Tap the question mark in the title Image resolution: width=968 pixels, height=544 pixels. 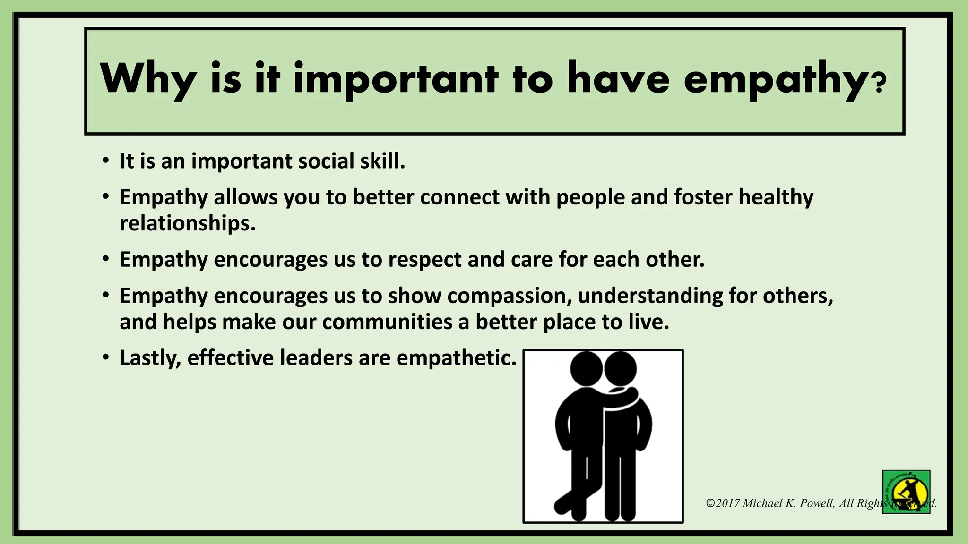(x=880, y=83)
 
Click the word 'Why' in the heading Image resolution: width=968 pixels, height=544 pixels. (x=148, y=79)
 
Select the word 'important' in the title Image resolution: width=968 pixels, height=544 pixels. (x=396, y=79)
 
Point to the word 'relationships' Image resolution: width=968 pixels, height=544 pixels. (x=187, y=223)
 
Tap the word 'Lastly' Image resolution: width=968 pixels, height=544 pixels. (x=150, y=358)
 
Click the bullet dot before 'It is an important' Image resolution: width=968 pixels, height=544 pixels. (x=106, y=161)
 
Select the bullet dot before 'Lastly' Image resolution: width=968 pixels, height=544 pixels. (x=106, y=357)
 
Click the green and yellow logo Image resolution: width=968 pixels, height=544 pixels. (x=906, y=492)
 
